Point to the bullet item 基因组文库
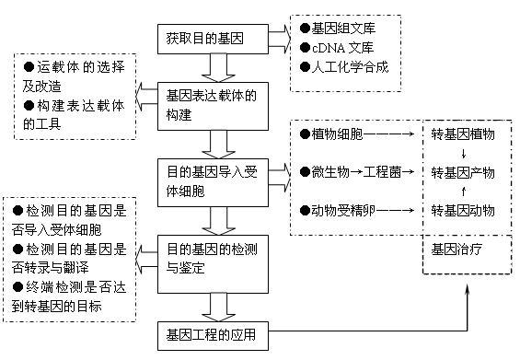pos(342,28)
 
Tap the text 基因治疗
pos(456,250)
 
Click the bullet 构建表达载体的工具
pos(74,114)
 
